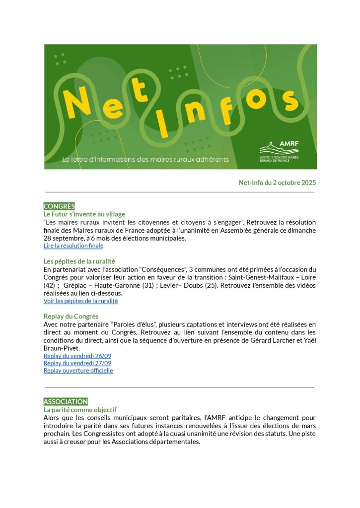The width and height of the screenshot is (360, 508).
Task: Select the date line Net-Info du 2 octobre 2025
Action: click(277, 183)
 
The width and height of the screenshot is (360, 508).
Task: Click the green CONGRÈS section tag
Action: click(59, 206)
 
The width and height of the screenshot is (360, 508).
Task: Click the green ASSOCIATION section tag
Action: click(66, 401)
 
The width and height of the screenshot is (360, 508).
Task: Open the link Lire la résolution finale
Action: click(73, 246)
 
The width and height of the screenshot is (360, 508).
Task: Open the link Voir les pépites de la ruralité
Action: click(80, 301)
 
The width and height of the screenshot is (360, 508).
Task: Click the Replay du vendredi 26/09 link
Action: click(77, 356)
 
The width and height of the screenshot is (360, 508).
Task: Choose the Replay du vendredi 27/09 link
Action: click(77, 363)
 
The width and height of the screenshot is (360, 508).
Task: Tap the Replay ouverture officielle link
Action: click(78, 370)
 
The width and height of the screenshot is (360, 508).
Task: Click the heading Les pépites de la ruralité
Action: click(79, 261)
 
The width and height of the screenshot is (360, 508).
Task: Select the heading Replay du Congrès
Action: click(71, 316)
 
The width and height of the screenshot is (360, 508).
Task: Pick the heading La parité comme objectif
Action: click(80, 410)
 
